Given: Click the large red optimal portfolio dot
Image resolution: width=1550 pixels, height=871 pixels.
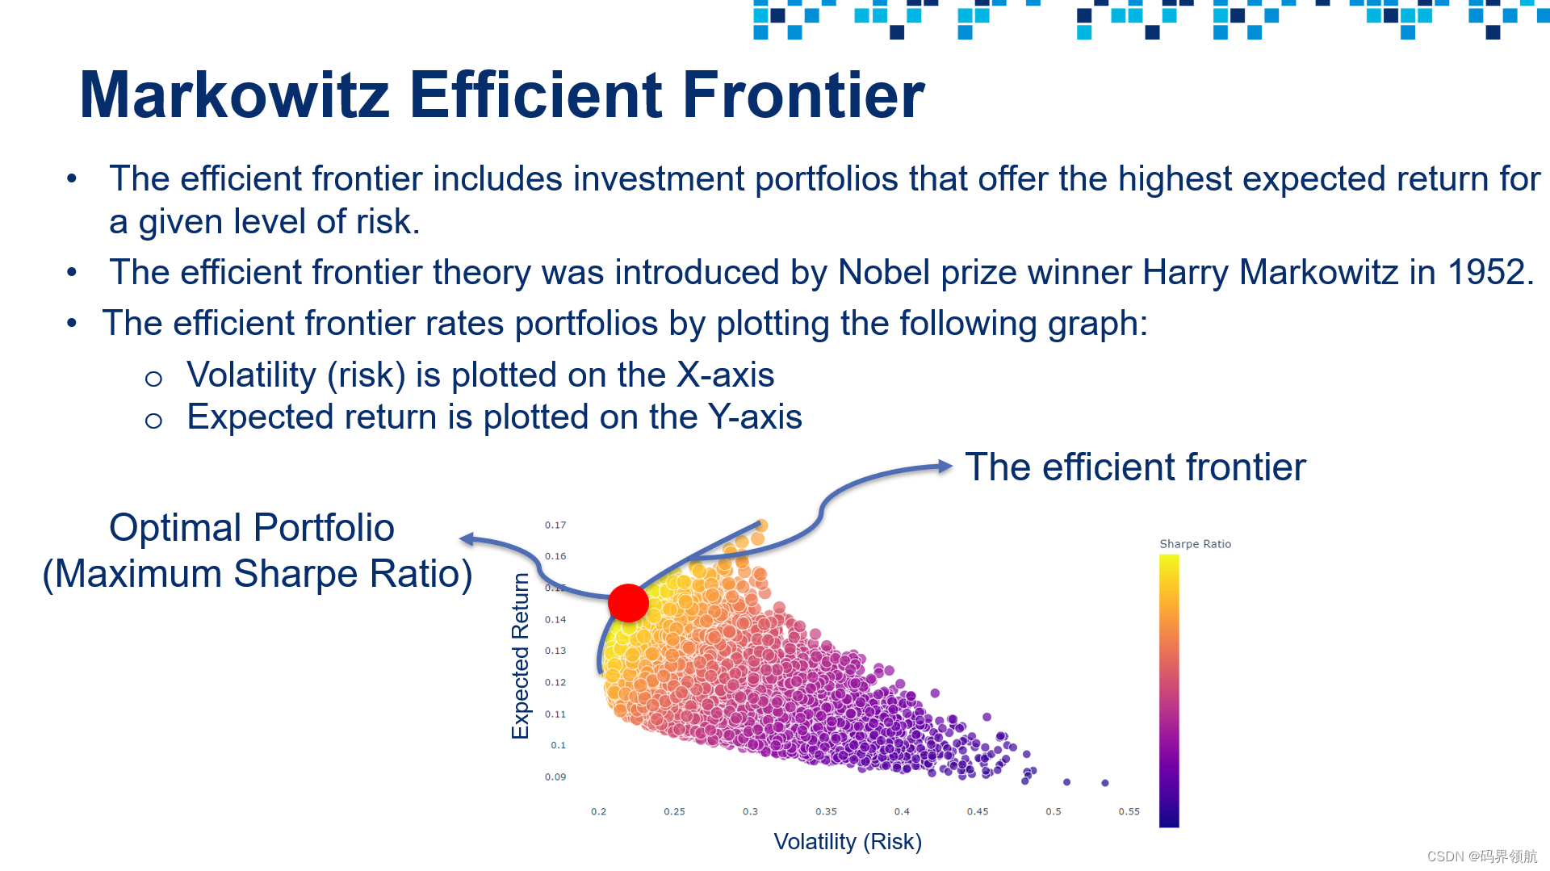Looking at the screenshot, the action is click(628, 602).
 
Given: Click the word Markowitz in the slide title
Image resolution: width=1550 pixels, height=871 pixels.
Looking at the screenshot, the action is click(235, 95).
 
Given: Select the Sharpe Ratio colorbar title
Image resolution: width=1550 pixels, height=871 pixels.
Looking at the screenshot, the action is click(1196, 544).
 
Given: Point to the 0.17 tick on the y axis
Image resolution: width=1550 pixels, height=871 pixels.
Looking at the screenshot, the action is click(555, 526).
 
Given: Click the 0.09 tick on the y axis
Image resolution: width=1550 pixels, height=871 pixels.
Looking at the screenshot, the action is click(555, 777).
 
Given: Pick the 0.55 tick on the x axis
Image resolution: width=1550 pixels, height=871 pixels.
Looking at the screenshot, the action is click(1129, 812).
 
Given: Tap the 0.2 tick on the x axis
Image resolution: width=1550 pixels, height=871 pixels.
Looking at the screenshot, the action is click(598, 812).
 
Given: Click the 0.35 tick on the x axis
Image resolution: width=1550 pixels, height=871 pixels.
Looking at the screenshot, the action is click(826, 812).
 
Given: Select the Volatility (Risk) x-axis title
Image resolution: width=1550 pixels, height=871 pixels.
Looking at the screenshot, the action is click(848, 842).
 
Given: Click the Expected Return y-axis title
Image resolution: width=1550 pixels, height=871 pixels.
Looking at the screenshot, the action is click(521, 656).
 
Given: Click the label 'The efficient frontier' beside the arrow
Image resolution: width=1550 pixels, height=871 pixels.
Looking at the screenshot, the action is click(1135, 467).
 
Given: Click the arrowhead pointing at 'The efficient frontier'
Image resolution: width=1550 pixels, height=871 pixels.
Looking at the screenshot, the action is click(945, 466).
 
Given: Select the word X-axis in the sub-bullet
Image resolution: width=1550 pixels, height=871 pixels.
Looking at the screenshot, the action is click(725, 375).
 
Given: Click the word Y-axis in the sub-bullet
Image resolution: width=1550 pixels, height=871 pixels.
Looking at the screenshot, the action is click(755, 417).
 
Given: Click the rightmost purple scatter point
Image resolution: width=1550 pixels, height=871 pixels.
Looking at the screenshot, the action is click(1105, 783).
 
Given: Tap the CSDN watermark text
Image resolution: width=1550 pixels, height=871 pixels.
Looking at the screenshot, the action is click(1482, 856).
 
